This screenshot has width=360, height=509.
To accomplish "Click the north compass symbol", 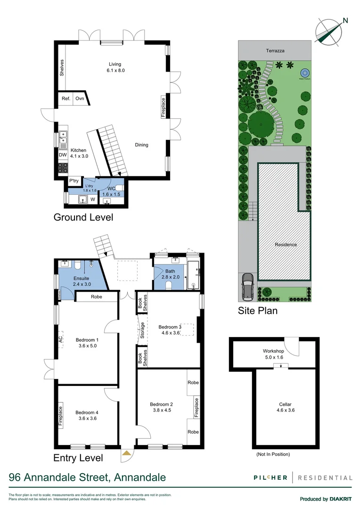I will pyautogui.click(x=329, y=31).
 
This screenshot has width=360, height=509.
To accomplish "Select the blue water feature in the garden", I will pyautogui.click(x=304, y=73).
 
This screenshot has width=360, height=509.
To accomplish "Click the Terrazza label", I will pyautogui.click(x=275, y=50).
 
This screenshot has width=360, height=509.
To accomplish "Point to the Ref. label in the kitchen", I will pyautogui.click(x=66, y=99).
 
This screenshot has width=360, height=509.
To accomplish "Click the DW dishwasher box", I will pyautogui.click(x=63, y=155).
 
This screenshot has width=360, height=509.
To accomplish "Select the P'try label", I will pyautogui.click(x=74, y=181).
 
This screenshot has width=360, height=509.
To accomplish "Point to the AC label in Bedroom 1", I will pyautogui.click(x=61, y=339).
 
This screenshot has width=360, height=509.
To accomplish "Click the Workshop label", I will pyautogui.click(x=273, y=352).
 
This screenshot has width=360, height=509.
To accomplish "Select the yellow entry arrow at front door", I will pyautogui.click(x=126, y=453).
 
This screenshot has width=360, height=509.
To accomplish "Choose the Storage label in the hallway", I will pyautogui.click(x=142, y=330).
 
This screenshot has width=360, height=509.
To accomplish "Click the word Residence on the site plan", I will pyautogui.click(x=286, y=245).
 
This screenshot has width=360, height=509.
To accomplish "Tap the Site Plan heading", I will pyautogui.click(x=257, y=311).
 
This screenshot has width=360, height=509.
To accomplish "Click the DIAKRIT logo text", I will pyautogui.click(x=341, y=499).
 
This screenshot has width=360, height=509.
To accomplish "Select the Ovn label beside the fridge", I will pyautogui.click(x=80, y=99).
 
